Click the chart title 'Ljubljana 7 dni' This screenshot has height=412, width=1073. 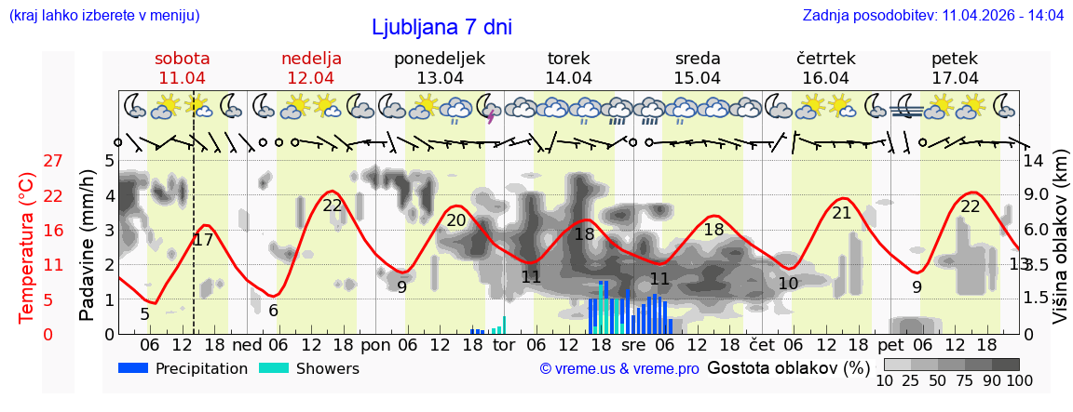click(441, 28)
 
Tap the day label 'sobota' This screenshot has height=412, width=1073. click(183, 59)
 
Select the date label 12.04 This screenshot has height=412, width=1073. click(311, 78)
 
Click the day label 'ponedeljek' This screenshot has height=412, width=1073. click(440, 59)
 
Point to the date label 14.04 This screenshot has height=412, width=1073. click(568, 78)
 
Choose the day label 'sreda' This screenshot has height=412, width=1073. click(698, 59)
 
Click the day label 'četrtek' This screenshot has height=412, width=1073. click(826, 59)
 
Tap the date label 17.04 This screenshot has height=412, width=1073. click(955, 78)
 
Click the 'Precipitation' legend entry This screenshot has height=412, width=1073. click(183, 368)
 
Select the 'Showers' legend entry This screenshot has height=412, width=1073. click(310, 368)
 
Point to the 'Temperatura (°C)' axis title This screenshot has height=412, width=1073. click(27, 247)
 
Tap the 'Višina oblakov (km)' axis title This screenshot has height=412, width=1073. click(1060, 247)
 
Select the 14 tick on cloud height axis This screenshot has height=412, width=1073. click(1036, 161)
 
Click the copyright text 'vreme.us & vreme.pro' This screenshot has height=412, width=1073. click(619, 369)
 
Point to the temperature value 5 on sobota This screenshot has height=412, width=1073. click(144, 314)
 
